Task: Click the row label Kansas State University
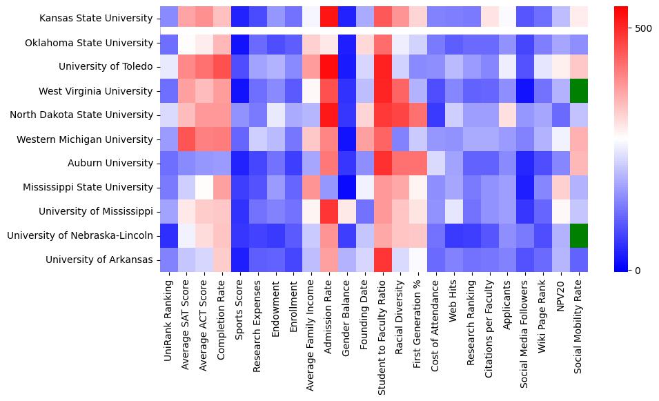[97, 19]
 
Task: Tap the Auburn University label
[115, 163]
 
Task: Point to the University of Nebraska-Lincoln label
[80, 235]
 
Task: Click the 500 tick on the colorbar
[642, 28]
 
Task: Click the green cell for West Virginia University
[580, 90]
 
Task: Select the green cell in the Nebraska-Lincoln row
[580, 235]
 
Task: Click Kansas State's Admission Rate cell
[329, 19]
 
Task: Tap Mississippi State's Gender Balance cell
[347, 187]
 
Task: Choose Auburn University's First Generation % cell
[419, 163]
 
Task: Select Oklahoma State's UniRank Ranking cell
[168, 43]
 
